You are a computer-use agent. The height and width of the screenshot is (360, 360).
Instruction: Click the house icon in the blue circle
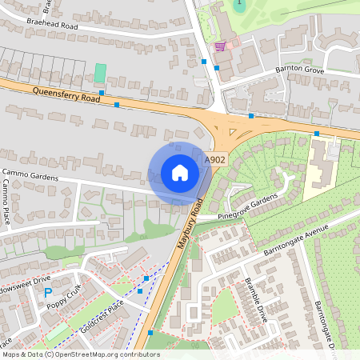tap(179, 173)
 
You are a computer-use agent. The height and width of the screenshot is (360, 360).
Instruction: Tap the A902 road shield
tap(214, 161)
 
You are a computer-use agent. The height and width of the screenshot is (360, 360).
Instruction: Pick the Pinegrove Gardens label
tap(248, 206)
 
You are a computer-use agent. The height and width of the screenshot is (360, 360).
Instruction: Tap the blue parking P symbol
tap(48, 293)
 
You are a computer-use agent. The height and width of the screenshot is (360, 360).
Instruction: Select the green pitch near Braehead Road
tap(100, 72)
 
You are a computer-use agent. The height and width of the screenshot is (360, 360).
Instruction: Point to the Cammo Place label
tap(7, 202)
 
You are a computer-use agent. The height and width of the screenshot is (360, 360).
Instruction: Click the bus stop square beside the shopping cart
tap(205, 61)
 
